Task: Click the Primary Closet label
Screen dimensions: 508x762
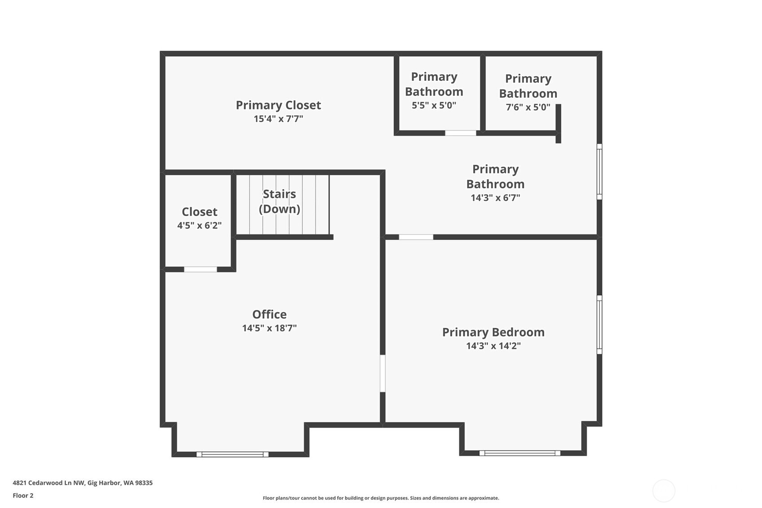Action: [x=278, y=105]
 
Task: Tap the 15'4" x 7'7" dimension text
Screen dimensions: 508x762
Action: [x=278, y=119]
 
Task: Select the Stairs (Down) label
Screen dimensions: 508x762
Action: [x=279, y=201]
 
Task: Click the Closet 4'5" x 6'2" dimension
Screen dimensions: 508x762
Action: [x=199, y=225]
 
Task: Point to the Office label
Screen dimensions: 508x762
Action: [x=269, y=314]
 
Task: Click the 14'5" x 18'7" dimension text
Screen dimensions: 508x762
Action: [x=269, y=328]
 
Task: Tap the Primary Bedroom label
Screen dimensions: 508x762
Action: [x=493, y=332]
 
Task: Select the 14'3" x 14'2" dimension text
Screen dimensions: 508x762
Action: [x=493, y=346]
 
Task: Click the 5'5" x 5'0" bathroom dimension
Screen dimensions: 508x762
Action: [x=434, y=106]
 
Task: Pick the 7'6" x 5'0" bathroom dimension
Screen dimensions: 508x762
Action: [x=528, y=107]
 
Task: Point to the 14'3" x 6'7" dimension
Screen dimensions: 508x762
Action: [x=495, y=198]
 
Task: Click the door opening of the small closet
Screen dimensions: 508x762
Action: [x=200, y=269]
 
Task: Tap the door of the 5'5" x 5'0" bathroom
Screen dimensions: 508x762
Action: [x=460, y=133]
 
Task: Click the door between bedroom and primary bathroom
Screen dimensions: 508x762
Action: [x=416, y=237]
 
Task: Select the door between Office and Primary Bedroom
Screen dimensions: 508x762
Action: [x=383, y=373]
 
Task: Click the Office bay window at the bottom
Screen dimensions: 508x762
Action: [x=232, y=455]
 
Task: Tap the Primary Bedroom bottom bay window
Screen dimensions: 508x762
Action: [x=520, y=453]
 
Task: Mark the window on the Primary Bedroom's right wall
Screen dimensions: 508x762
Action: [x=599, y=324]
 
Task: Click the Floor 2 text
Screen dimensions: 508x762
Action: [x=23, y=496]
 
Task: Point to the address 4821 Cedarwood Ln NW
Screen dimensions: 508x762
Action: [x=83, y=483]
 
